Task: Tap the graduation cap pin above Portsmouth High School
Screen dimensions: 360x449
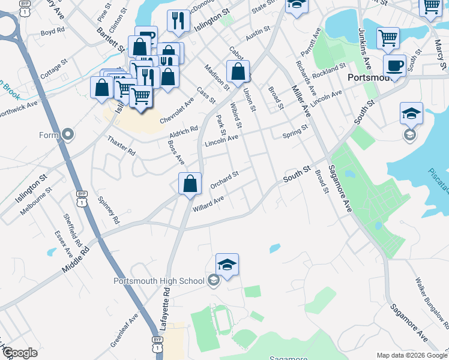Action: (228, 265)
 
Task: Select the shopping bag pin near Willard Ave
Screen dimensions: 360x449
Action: (190, 184)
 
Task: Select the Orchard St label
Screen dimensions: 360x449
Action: (225, 178)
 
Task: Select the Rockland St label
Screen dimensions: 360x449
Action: (331, 71)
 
